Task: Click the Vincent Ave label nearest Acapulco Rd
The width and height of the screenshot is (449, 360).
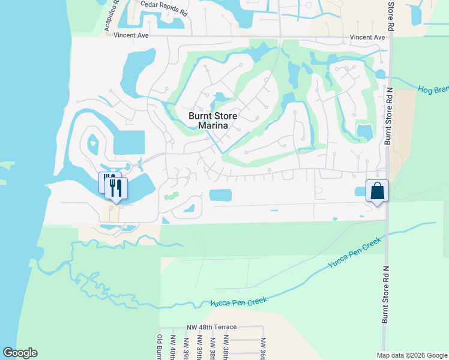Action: [130, 36]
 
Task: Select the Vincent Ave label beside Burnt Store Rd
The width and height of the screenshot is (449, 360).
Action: [368, 37]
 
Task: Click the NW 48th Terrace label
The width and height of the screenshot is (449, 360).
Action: [211, 327]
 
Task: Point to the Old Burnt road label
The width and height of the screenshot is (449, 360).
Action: [160, 347]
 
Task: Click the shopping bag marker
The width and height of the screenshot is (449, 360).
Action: [378, 191]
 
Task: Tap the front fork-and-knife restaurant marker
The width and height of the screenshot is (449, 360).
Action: [116, 188]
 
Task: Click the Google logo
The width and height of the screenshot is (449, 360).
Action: [20, 353]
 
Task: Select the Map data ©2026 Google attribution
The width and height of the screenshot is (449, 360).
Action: [412, 355]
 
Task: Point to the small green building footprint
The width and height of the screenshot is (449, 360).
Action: [172, 196]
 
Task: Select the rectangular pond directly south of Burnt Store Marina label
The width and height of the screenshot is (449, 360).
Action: [220, 195]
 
